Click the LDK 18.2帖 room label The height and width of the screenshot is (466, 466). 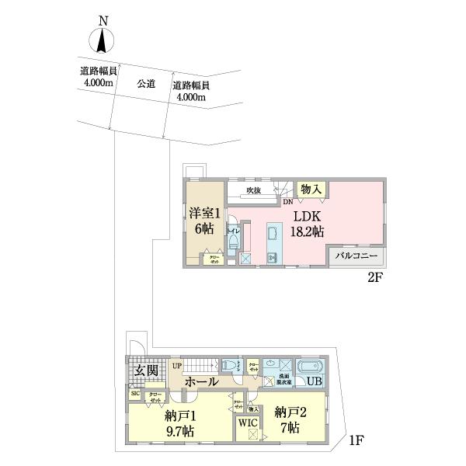point(308,224)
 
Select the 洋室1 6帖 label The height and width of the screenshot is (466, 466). point(205,220)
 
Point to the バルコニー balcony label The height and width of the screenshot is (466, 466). point(356,256)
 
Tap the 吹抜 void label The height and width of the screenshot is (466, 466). point(253,190)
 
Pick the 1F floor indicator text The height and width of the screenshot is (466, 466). point(356,441)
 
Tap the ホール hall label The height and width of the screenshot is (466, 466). point(201,381)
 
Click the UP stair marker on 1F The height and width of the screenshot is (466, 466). point(176,365)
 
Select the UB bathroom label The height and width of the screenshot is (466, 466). point(315,382)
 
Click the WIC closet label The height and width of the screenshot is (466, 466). point(248,423)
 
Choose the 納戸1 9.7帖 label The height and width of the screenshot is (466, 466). point(179,422)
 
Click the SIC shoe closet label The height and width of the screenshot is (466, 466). point(134,395)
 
